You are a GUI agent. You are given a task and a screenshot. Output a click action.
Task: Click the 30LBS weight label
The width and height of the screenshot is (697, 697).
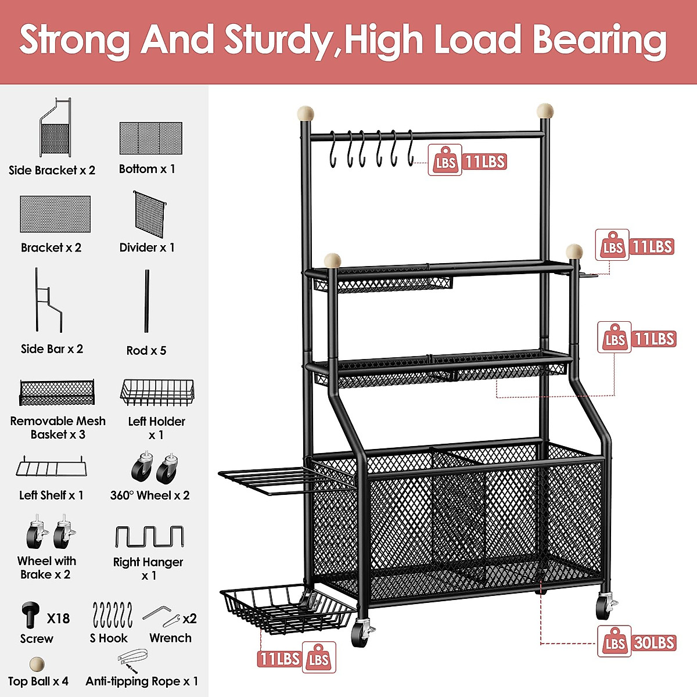[x=654, y=643]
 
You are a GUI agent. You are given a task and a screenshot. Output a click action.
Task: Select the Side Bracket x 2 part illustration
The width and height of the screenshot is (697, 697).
[x=55, y=128]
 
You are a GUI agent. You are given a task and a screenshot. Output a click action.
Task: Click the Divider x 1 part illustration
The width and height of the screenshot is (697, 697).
[x=150, y=214]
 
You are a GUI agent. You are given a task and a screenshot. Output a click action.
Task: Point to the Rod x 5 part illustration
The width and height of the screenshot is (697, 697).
[x=147, y=301]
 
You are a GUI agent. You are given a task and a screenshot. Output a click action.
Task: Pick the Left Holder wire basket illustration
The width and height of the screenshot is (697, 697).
[x=157, y=392]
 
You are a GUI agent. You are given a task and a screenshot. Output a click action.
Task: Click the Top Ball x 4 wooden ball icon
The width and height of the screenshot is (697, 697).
[x=37, y=664]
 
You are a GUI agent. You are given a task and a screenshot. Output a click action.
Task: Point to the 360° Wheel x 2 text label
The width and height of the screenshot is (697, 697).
[x=150, y=495]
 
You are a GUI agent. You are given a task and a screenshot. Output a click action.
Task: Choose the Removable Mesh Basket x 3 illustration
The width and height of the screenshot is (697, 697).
[x=57, y=393]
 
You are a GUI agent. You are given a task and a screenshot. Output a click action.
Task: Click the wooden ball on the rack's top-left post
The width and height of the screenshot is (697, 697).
[x=306, y=113]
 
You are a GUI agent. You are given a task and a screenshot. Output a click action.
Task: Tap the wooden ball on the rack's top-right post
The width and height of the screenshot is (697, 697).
[x=545, y=110]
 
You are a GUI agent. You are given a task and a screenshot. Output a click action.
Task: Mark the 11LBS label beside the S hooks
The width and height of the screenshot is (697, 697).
[x=485, y=161]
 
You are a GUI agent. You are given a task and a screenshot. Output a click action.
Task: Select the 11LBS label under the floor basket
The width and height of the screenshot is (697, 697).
[x=279, y=659]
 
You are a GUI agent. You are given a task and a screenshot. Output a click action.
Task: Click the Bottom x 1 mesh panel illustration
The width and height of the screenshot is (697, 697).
[x=150, y=138]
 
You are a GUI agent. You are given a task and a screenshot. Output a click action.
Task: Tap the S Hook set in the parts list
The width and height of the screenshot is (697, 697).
[x=112, y=615]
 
